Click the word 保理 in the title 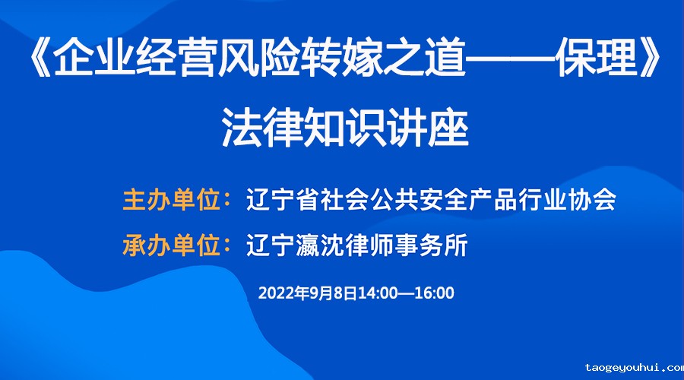point(597,58)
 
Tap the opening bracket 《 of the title point(40,58)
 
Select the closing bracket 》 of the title point(650,58)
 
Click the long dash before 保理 point(511,58)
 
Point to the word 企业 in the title point(93,58)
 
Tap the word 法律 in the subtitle point(263,127)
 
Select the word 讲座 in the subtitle point(428,127)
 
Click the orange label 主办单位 point(172,200)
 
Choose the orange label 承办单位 point(172,245)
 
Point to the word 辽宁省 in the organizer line point(283,200)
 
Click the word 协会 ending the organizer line point(592,200)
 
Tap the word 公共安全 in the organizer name point(419,200)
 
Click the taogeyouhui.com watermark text point(635,369)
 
